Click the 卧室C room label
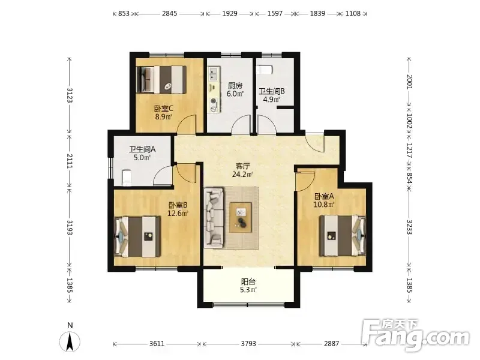click(x=163, y=109)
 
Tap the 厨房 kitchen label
click(x=235, y=85)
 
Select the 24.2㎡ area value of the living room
click(x=242, y=175)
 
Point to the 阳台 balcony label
click(x=248, y=281)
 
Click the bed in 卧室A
click(x=343, y=235)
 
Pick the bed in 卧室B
click(x=137, y=236)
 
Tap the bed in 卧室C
click(x=161, y=80)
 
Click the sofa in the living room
click(x=214, y=217)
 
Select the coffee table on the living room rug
click(x=241, y=217)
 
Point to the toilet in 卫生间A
click(x=127, y=178)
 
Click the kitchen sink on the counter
click(x=213, y=73)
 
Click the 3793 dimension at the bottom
click(x=248, y=344)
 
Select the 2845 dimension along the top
click(x=170, y=13)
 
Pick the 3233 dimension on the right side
click(x=409, y=227)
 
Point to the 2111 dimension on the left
click(x=70, y=161)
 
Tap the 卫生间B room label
click(x=272, y=91)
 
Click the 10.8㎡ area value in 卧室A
click(x=324, y=204)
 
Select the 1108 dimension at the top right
click(x=353, y=13)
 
